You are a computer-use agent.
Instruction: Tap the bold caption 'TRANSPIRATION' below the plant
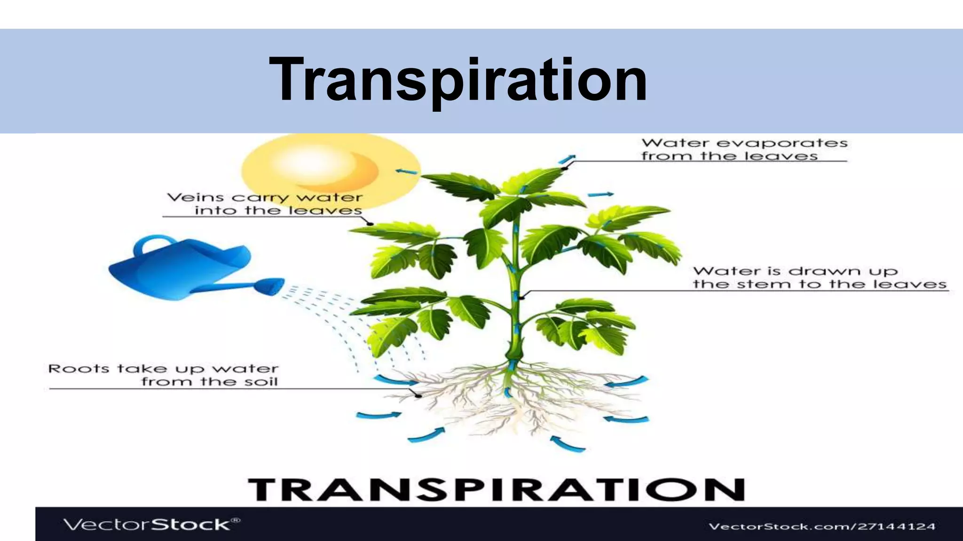(x=496, y=490)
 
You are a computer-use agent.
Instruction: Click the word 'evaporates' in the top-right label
(x=782, y=143)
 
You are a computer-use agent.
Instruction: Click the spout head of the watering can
(x=270, y=286)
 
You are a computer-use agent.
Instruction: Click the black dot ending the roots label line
(x=418, y=395)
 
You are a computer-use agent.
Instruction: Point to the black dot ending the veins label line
(x=370, y=224)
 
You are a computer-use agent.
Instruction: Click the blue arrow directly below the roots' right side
(x=567, y=443)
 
